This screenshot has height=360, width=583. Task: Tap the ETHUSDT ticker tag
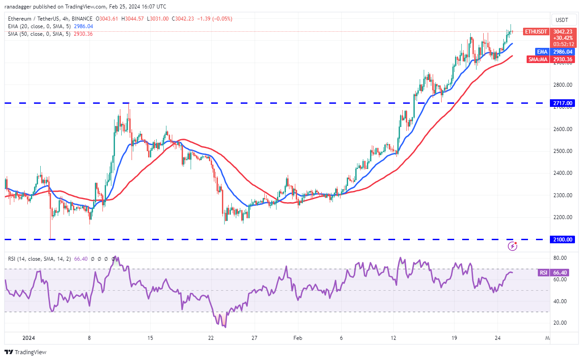(x=535, y=32)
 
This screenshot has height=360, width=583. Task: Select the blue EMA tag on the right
(x=542, y=51)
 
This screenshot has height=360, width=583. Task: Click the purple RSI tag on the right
(x=543, y=272)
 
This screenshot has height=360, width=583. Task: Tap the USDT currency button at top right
(x=562, y=20)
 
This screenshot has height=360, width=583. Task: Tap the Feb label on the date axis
(x=298, y=339)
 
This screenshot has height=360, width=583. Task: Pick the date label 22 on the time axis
(x=211, y=339)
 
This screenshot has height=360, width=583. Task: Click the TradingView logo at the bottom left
(x=26, y=352)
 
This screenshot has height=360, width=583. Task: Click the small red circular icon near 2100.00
(x=513, y=246)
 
